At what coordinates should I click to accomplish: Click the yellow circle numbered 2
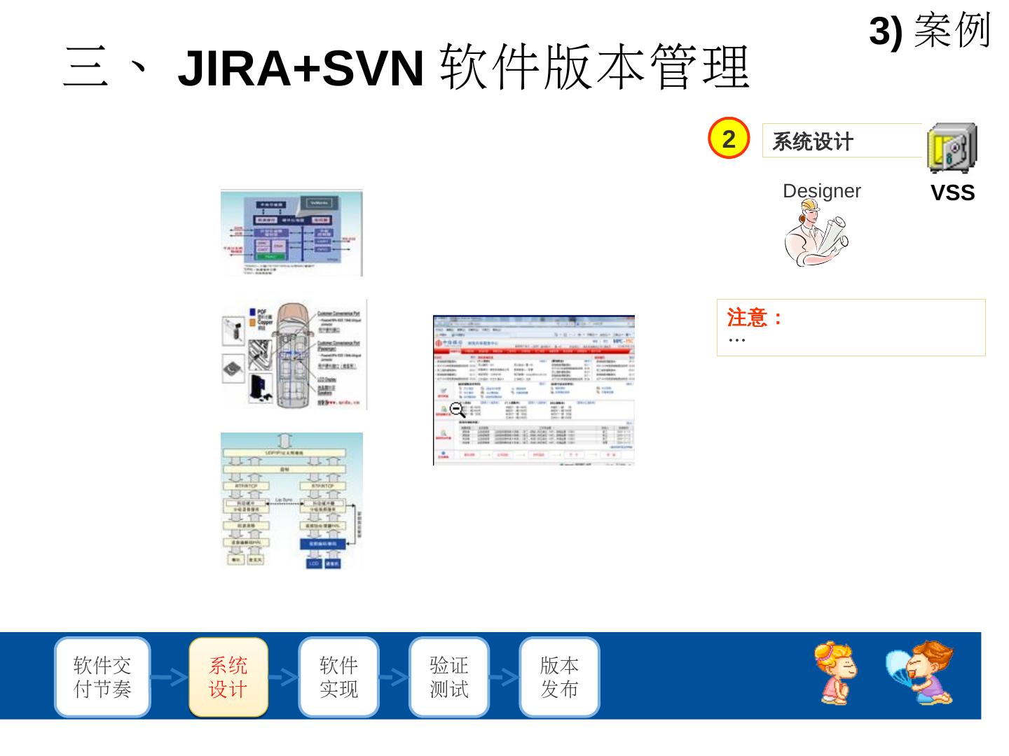pyautogui.click(x=729, y=139)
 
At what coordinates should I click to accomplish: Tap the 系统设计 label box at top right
pyautogui.click(x=841, y=141)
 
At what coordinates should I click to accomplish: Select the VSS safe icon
pyautogui.click(x=952, y=148)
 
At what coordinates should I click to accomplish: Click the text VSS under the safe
pyautogui.click(x=952, y=193)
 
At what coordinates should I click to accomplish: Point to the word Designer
pyautogui.click(x=821, y=191)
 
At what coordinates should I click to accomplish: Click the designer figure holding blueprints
pyautogui.click(x=816, y=233)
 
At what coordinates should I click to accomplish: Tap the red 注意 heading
pyautogui.click(x=755, y=318)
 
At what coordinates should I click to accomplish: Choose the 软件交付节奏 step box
pyautogui.click(x=102, y=677)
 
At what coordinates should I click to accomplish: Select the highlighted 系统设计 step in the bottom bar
pyautogui.click(x=228, y=677)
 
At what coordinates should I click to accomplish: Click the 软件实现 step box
pyautogui.click(x=338, y=677)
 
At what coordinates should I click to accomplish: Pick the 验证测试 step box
pyautogui.click(x=448, y=677)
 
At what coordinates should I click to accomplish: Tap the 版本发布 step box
pyautogui.click(x=559, y=677)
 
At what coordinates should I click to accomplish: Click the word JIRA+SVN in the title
pyautogui.click(x=301, y=69)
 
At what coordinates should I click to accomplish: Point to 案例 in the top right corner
pyautogui.click(x=952, y=31)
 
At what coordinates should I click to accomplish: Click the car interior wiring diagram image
pyautogui.click(x=294, y=355)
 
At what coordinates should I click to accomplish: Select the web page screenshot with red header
pyautogui.click(x=534, y=390)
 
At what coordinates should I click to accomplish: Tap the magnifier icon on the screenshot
pyautogui.click(x=458, y=409)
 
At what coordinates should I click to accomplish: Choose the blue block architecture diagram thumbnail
pyautogui.click(x=291, y=232)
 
